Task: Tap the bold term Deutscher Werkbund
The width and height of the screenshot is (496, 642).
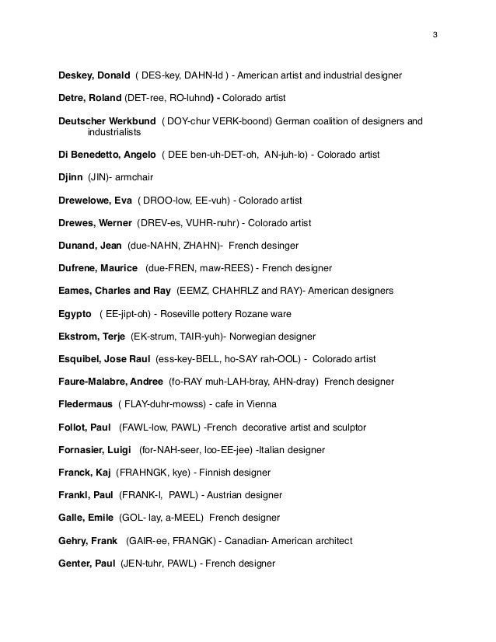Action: click(107, 121)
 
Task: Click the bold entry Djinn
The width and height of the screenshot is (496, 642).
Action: click(70, 177)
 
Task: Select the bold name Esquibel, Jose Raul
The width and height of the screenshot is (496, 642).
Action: click(103, 359)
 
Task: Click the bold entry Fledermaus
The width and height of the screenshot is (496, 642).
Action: click(85, 404)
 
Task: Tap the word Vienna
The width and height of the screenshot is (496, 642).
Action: click(260, 404)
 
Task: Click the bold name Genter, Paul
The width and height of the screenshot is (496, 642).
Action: click(86, 563)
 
